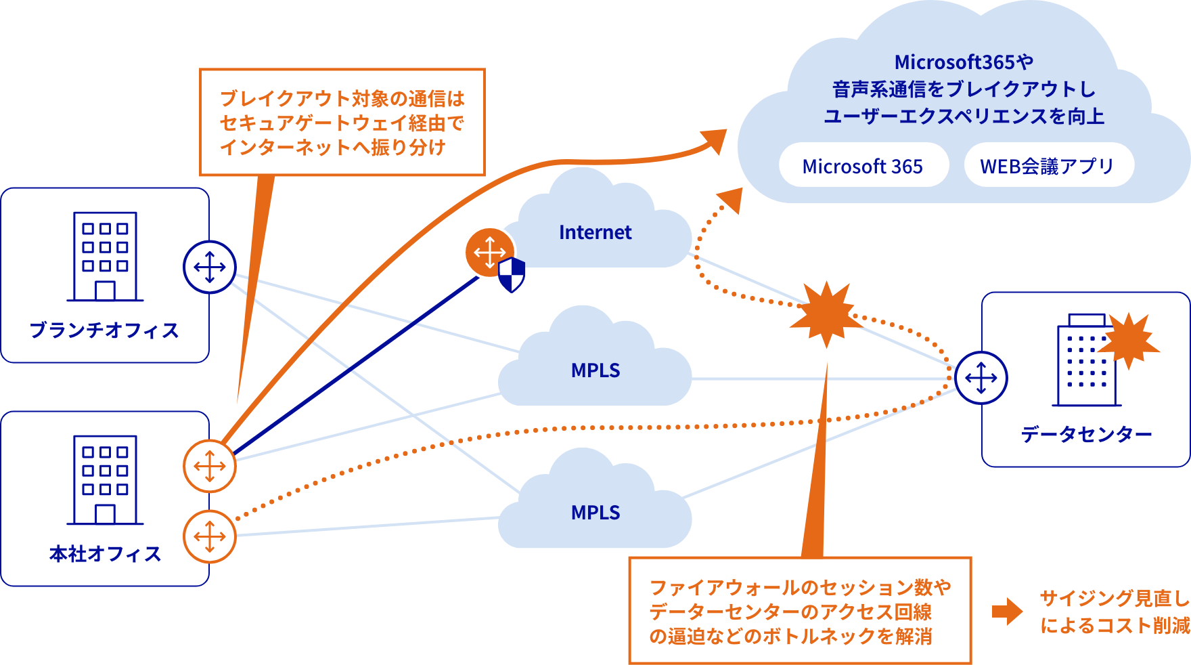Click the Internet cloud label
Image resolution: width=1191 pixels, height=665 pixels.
595,232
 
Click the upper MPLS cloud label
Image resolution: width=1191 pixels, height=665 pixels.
595,370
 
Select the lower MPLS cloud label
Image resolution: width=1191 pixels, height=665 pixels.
595,513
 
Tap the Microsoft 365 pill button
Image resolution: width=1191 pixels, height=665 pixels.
863,166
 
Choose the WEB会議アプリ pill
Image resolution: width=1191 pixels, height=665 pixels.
1047,166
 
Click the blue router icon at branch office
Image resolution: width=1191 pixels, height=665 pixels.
210,267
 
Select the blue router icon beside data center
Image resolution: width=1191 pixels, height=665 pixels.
981,378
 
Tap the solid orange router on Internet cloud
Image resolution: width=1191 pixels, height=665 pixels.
489,252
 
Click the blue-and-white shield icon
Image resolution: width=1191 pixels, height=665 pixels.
512,274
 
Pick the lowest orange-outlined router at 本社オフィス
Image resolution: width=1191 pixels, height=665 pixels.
210,537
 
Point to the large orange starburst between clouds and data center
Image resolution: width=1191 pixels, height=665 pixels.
826,314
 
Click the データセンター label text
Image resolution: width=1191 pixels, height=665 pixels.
1085,434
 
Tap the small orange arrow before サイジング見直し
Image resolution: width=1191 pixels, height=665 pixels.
1007,611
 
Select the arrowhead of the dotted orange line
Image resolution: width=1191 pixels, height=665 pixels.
731,199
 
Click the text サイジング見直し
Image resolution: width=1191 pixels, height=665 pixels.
1113,599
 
